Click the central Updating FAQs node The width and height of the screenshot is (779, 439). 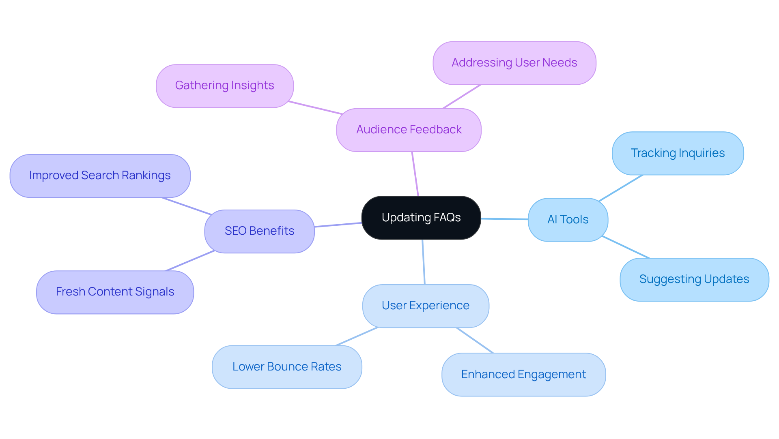click(x=421, y=218)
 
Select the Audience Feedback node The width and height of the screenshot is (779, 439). click(x=409, y=130)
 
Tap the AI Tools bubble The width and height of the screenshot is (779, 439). click(x=568, y=220)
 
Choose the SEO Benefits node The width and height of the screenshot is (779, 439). click(x=259, y=231)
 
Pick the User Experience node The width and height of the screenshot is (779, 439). click(x=425, y=306)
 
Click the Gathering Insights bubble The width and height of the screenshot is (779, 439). click(x=224, y=86)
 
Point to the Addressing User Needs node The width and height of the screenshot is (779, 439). click(x=514, y=63)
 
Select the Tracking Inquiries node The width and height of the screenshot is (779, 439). click(x=678, y=153)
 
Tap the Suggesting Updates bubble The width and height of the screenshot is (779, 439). click(x=694, y=279)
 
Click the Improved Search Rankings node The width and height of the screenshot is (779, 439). click(x=100, y=176)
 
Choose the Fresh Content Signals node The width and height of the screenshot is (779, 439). click(x=115, y=292)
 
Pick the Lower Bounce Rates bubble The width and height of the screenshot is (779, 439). click(x=286, y=367)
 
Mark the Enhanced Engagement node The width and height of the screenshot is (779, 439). click(x=523, y=375)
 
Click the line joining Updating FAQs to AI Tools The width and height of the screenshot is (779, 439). click(x=504, y=219)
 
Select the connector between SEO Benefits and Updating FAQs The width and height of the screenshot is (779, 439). click(x=338, y=225)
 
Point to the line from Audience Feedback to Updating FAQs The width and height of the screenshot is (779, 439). click(x=415, y=174)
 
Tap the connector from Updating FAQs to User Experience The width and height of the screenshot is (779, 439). click(x=424, y=262)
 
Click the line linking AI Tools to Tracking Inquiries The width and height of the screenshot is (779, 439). click(x=621, y=188)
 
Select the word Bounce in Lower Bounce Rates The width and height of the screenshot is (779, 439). click(x=288, y=367)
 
